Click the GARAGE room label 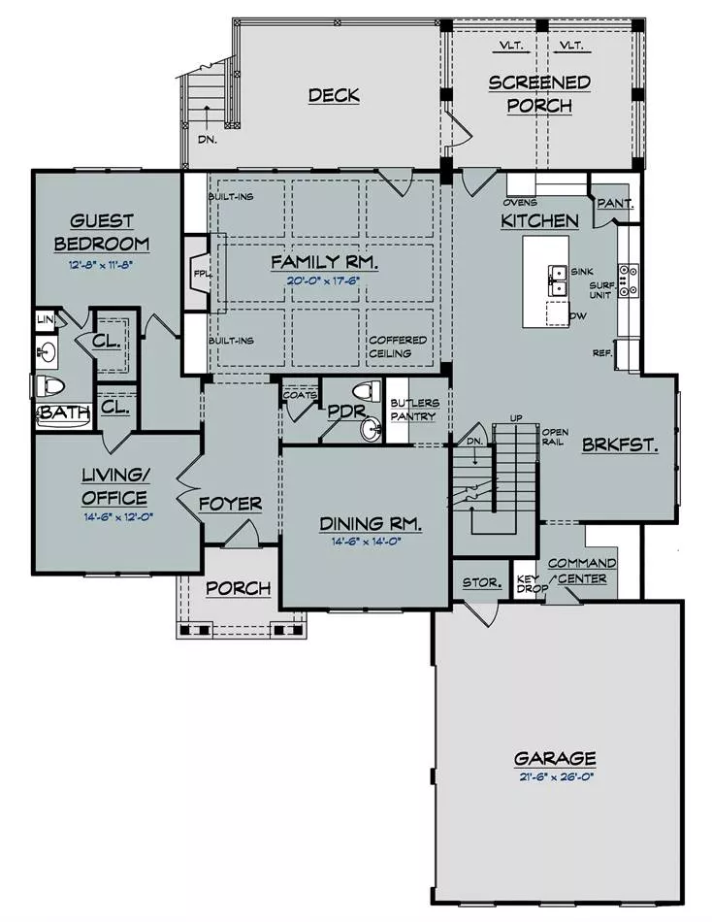[x=555, y=759]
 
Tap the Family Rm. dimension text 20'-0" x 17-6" [x=323, y=280]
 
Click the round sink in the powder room [x=371, y=428]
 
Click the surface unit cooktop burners [x=629, y=280]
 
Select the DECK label [x=334, y=95]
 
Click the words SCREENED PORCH [x=539, y=94]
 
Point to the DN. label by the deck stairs [x=207, y=140]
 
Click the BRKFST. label [x=620, y=445]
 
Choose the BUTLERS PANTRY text [x=414, y=410]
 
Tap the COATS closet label [x=300, y=395]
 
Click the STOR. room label [x=482, y=582]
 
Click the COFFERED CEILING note [x=398, y=346]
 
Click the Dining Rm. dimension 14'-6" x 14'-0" [x=366, y=541]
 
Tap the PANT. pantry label [x=616, y=204]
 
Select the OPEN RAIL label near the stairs [x=555, y=437]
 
